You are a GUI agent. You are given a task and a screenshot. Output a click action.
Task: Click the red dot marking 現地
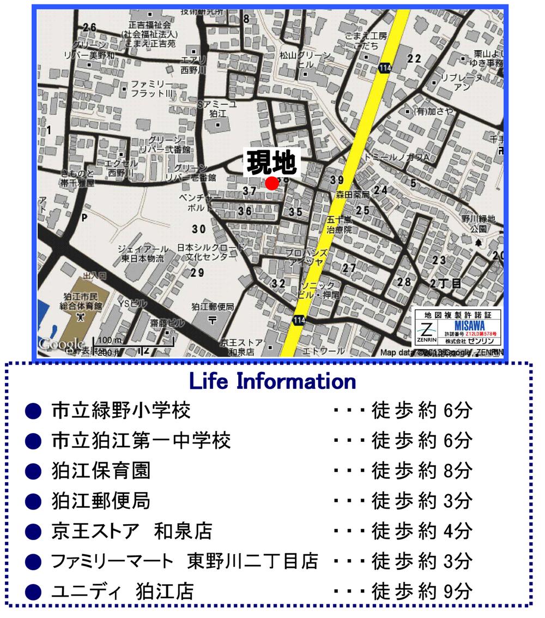pos(271,184)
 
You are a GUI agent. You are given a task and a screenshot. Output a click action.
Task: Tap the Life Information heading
pos(272,381)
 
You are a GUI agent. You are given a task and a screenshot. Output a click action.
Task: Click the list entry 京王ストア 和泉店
pos(131,530)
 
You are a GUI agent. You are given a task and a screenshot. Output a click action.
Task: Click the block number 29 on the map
pos(197,273)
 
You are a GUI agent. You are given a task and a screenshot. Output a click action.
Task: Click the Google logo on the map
pos(60,345)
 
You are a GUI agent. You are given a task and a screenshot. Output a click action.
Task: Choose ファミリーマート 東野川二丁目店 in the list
pos(184,561)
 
